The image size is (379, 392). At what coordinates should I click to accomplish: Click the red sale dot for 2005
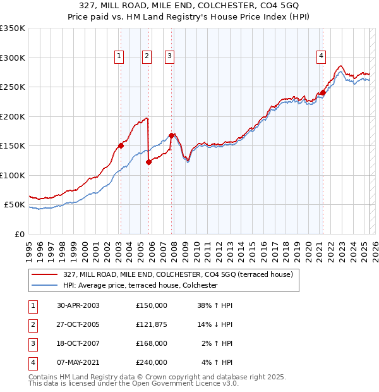149,162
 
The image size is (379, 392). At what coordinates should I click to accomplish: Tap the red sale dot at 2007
171,135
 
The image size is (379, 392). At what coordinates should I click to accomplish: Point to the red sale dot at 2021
323,92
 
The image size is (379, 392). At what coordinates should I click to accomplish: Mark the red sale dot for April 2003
121,145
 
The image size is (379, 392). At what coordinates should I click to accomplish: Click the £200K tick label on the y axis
13,116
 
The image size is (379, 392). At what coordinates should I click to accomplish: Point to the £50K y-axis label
15,205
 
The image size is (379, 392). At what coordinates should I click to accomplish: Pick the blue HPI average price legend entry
140,286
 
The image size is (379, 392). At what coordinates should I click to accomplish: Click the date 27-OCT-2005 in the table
78,324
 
